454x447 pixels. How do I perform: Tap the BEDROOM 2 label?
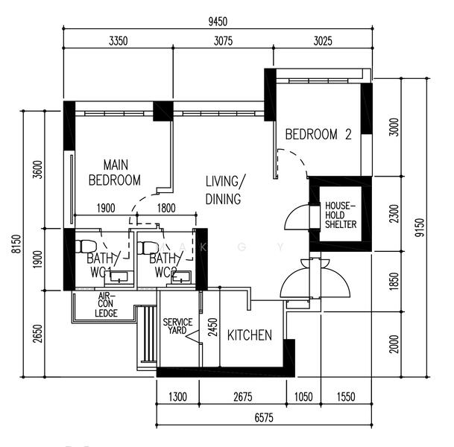point(318,135)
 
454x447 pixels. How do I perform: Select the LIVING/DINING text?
point(224,191)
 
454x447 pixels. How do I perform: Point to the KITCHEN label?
point(249,335)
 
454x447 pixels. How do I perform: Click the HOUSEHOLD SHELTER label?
point(341,215)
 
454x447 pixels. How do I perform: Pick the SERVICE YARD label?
point(177,326)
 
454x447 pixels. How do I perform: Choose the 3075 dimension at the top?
point(223,42)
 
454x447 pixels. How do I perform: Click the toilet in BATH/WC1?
point(83,246)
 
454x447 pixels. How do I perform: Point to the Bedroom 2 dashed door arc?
point(293,159)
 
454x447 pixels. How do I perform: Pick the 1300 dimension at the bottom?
point(177,396)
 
